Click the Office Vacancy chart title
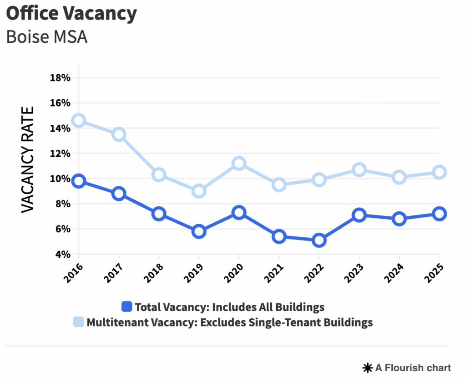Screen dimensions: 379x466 [x=71, y=14]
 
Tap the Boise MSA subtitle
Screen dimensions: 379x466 [x=46, y=37]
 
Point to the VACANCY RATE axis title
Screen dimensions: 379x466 [x=28, y=159]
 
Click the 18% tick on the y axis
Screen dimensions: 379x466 [x=60, y=78]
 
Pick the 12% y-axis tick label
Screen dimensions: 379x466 [x=60, y=154]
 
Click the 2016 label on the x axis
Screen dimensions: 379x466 [x=72, y=273]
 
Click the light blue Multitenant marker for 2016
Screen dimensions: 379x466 [x=79, y=121]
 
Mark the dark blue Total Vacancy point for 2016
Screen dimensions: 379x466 [x=79, y=181]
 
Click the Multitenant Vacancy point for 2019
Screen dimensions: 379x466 [x=199, y=191]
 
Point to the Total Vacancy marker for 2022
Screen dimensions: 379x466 [x=319, y=240]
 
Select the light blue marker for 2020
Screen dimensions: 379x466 [x=239, y=164]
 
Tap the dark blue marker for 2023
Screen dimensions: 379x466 [x=359, y=215]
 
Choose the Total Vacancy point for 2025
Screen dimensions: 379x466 [x=439, y=214]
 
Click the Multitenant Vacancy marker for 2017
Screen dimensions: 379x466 [x=119, y=134]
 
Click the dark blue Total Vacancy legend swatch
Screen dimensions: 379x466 [x=127, y=307]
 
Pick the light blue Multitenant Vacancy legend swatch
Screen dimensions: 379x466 [x=79, y=323]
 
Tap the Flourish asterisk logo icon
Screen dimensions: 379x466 [x=367, y=368]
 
